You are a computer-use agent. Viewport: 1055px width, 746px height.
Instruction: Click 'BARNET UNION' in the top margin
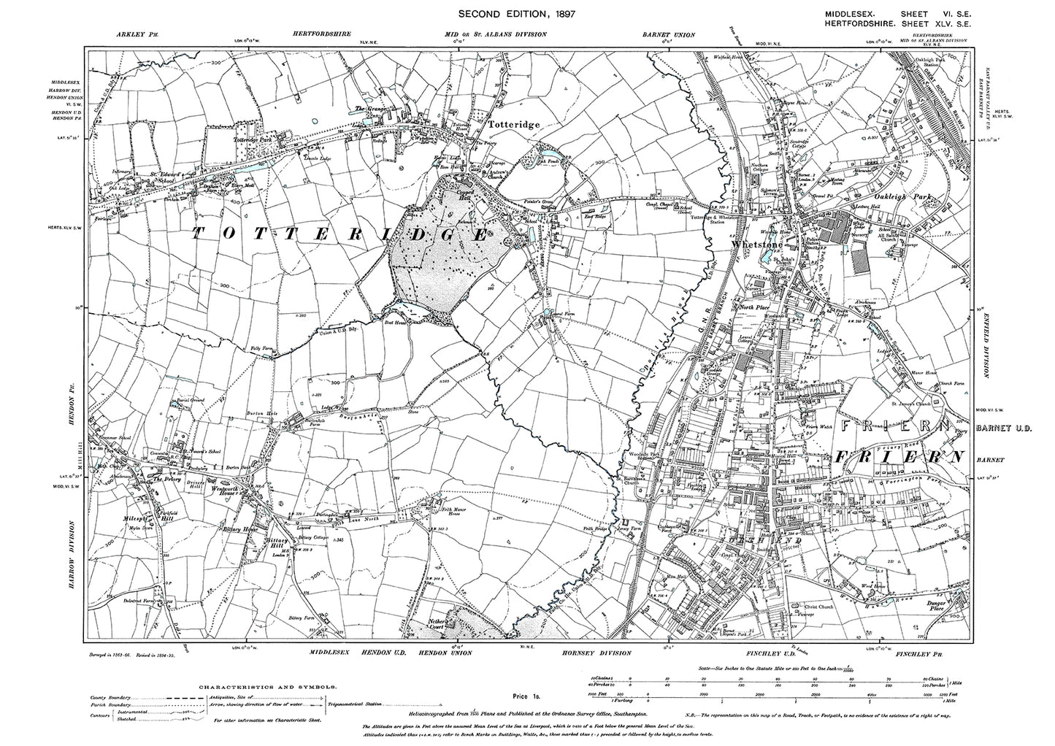[668, 34]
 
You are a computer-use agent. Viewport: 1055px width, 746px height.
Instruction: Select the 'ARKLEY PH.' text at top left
[133, 34]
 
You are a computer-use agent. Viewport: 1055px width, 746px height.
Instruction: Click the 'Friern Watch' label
[818, 427]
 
